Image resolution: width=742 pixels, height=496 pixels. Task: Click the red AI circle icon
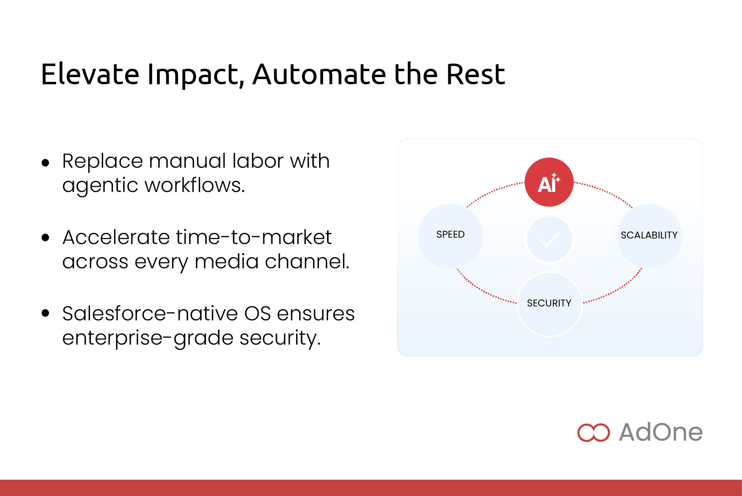click(x=549, y=182)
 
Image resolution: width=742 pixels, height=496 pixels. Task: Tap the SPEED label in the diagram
click(x=450, y=234)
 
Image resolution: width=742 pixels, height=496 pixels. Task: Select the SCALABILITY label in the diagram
click(x=649, y=235)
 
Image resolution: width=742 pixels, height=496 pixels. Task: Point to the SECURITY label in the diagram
click(x=549, y=303)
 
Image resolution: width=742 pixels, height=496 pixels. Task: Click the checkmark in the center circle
click(x=550, y=239)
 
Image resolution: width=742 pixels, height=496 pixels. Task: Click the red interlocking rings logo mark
click(x=593, y=432)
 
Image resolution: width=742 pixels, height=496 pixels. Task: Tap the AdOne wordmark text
click(x=661, y=432)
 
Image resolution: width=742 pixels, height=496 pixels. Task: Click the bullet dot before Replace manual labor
click(x=46, y=163)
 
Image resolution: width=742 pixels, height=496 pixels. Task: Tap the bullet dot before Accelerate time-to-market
click(x=46, y=238)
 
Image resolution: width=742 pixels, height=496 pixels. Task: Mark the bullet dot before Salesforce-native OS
click(x=46, y=313)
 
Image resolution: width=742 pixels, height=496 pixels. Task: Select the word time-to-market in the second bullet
click(x=254, y=237)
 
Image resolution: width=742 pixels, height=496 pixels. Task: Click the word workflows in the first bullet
click(x=194, y=185)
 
